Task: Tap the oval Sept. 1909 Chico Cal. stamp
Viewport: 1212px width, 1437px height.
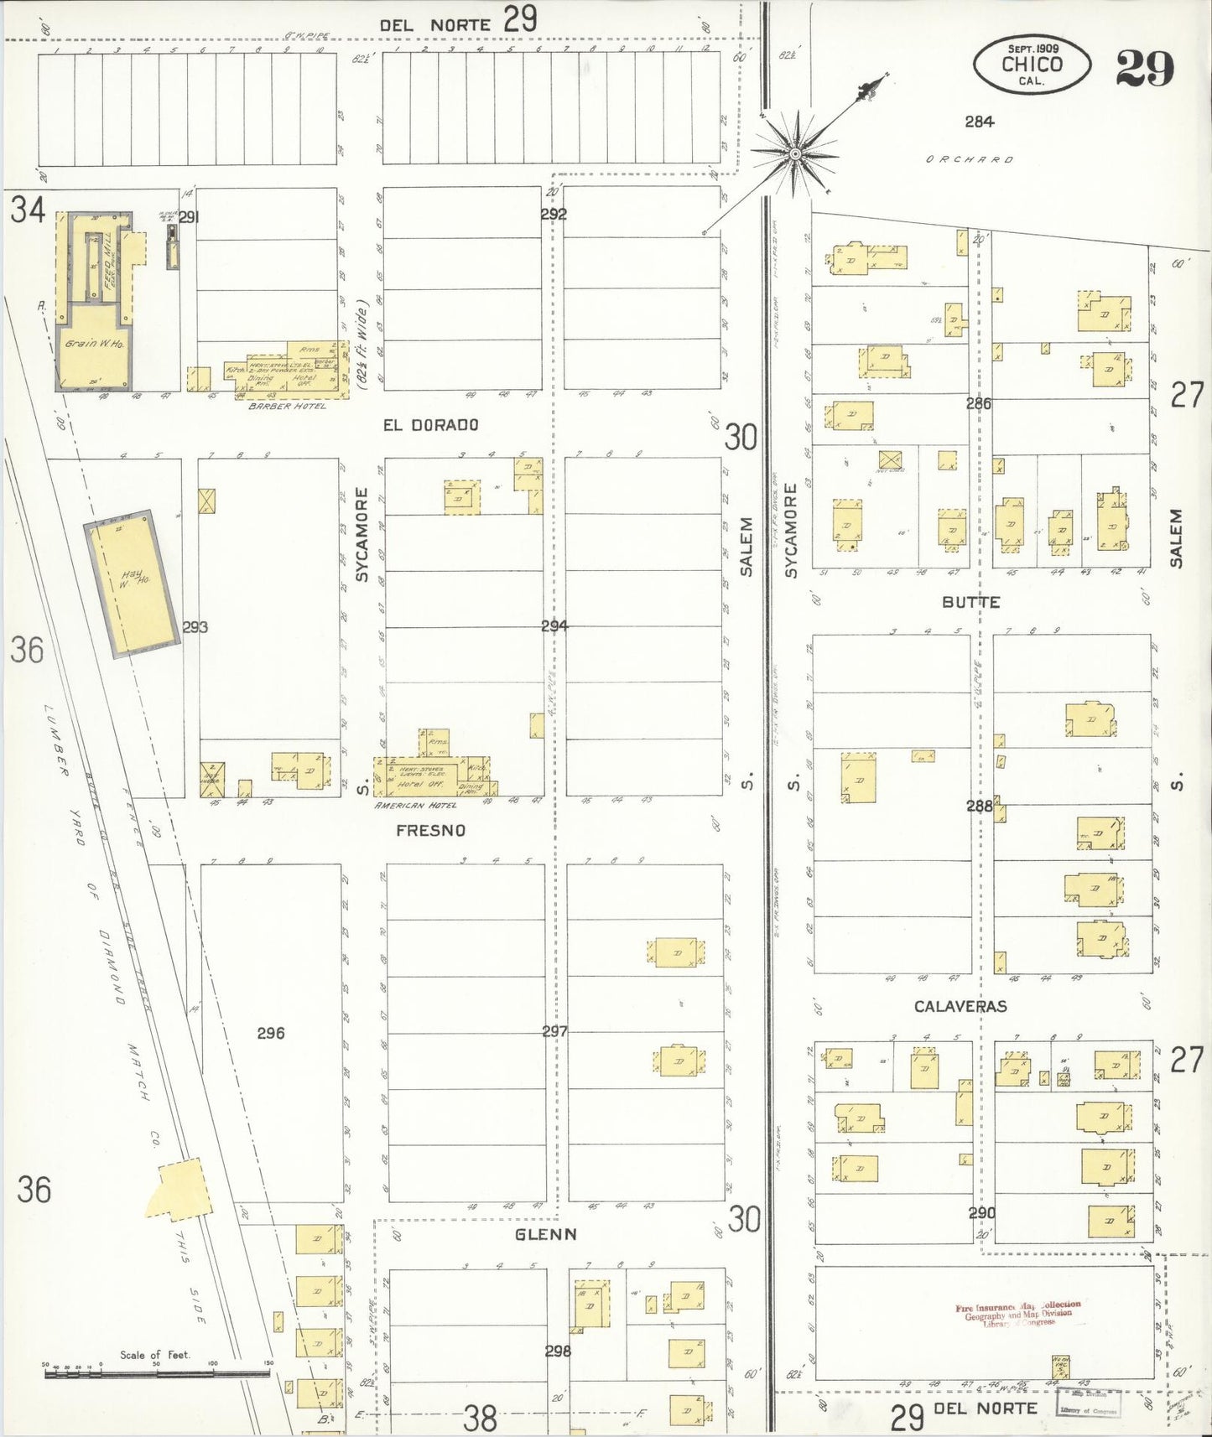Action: pyautogui.click(x=1032, y=65)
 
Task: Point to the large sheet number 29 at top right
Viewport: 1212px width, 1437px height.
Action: pyautogui.click(x=1144, y=69)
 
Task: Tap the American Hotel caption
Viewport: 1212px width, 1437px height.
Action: pyautogui.click(x=416, y=805)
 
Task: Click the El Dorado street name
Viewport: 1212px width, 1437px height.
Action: pyautogui.click(x=430, y=425)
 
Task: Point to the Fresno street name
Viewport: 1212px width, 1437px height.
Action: pyautogui.click(x=430, y=830)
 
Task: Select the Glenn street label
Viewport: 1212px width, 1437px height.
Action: pyautogui.click(x=545, y=1234)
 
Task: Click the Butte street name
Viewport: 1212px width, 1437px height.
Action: pyautogui.click(x=970, y=602)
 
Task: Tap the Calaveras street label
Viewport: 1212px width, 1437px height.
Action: pyautogui.click(x=960, y=1006)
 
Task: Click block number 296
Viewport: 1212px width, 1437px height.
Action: pyautogui.click(x=270, y=1033)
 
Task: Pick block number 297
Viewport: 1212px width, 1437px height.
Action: pyautogui.click(x=554, y=1031)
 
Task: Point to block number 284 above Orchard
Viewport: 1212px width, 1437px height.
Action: pyautogui.click(x=979, y=122)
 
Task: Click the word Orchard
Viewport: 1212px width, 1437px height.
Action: pyautogui.click(x=970, y=159)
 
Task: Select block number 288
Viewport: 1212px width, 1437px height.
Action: pyautogui.click(x=979, y=806)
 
